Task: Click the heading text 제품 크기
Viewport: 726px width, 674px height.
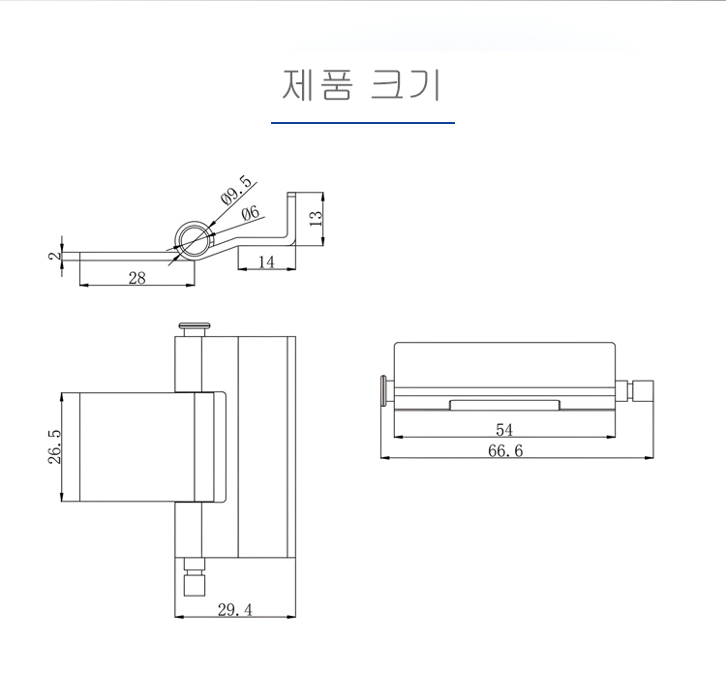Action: pos(362,85)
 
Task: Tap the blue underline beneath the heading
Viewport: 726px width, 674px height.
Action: pos(363,123)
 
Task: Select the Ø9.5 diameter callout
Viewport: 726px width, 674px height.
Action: pos(237,190)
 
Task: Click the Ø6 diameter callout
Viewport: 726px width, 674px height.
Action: pos(251,213)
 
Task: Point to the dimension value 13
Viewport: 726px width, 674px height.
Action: pos(315,218)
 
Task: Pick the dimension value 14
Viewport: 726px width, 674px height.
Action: pos(266,262)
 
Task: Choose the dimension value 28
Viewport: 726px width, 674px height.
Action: pos(137,278)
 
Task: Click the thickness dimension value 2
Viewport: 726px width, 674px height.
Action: pos(54,256)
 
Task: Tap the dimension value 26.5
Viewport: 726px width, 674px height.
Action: pos(54,446)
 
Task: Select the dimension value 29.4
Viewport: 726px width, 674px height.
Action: pos(235,610)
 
